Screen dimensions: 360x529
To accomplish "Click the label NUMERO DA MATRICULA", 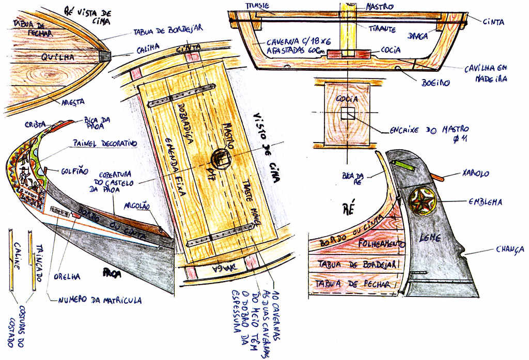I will click(x=99, y=300).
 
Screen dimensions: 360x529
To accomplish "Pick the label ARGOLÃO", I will click(x=137, y=206).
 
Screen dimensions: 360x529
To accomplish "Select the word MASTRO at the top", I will click(x=380, y=7).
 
